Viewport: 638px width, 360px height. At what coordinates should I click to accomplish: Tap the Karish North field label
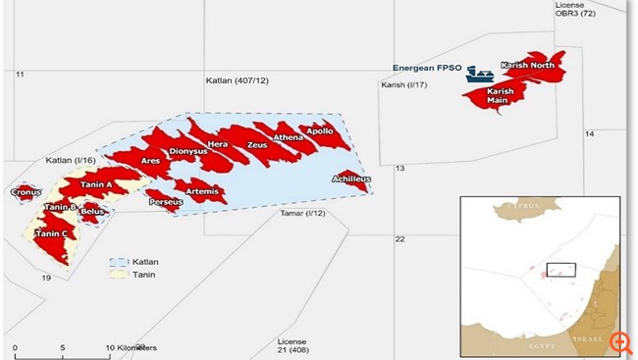pyautogui.click(x=527, y=66)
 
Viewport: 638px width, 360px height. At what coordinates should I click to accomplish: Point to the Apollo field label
pyautogui.click(x=319, y=130)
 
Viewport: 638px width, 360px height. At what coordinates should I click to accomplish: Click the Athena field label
pyautogui.click(x=289, y=138)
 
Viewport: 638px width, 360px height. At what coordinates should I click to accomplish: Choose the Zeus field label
pyautogui.click(x=257, y=145)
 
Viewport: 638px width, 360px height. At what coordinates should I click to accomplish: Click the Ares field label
pyautogui.click(x=150, y=161)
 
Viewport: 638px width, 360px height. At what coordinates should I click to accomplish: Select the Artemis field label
pyautogui.click(x=201, y=191)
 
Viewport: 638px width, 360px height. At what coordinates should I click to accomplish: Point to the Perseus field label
pyautogui.click(x=164, y=202)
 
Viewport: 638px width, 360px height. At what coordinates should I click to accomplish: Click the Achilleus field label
pyautogui.click(x=349, y=180)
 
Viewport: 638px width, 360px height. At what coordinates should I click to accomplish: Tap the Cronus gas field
pyautogui.click(x=25, y=193)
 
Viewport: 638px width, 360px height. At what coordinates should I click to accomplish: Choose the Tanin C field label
pyautogui.click(x=50, y=233)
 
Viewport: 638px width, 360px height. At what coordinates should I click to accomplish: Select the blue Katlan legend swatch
pyautogui.click(x=121, y=262)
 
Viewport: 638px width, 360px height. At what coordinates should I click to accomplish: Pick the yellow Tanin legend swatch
pyautogui.click(x=121, y=277)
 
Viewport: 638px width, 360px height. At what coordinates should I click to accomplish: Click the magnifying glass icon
pyautogui.click(x=619, y=342)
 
